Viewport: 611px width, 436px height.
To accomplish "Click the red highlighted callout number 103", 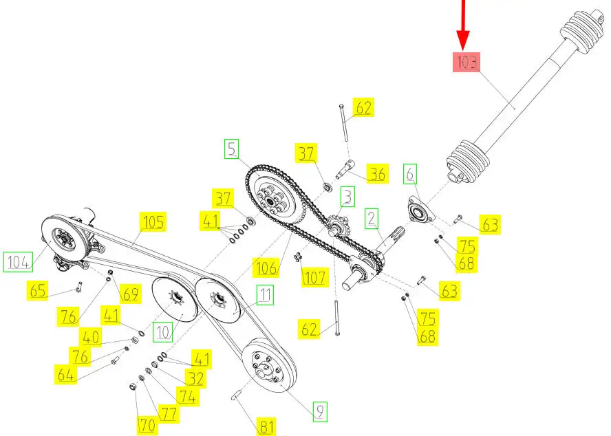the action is (x=466, y=63).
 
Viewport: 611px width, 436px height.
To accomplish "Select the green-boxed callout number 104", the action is (x=18, y=262).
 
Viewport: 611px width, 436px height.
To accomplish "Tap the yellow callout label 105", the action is (x=153, y=221).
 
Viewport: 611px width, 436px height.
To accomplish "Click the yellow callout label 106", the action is (x=266, y=268).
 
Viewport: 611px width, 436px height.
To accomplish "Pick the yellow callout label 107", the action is (x=314, y=277).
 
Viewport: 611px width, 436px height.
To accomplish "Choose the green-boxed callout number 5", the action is (x=231, y=149).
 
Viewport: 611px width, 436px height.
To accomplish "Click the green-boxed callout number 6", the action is (x=410, y=174).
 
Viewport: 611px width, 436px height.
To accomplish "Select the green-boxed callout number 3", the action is (x=347, y=197).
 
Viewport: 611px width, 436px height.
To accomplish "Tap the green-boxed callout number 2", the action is (x=372, y=219).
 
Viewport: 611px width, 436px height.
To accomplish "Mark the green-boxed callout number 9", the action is (x=320, y=411).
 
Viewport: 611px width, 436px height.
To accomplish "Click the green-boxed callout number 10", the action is (x=162, y=332).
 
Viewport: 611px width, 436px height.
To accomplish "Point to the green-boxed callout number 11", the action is (x=265, y=295).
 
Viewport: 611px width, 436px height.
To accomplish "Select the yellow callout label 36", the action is (x=377, y=174).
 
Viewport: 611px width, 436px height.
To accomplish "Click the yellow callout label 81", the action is (x=266, y=426).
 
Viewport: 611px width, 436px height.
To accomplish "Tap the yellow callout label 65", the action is (x=37, y=290).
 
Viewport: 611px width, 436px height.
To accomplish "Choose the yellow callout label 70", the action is (x=147, y=425).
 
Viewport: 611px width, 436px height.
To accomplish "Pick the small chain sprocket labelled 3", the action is (x=334, y=226).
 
